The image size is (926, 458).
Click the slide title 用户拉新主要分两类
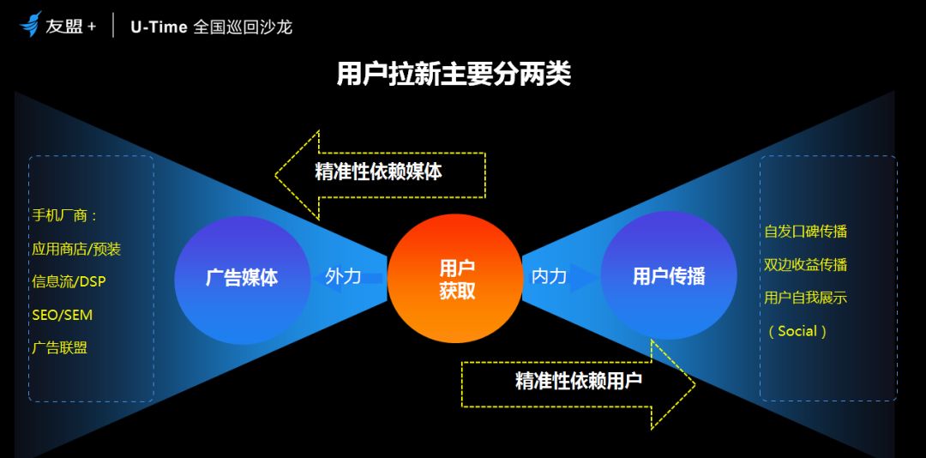click(454, 75)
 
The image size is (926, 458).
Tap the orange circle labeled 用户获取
click(454, 279)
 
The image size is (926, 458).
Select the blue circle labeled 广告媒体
click(242, 279)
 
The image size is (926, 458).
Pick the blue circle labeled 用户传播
click(669, 275)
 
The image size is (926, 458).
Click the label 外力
click(343, 276)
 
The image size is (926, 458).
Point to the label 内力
click(550, 276)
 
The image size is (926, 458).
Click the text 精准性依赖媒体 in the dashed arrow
click(379, 172)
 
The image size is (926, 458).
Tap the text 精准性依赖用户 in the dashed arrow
click(579, 381)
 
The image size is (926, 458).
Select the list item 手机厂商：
click(65, 215)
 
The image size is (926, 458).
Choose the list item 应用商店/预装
click(77, 249)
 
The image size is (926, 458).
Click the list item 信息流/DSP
click(69, 282)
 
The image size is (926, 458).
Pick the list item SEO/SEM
click(63, 315)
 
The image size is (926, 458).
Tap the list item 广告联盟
click(60, 348)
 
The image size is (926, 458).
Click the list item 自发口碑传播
click(805, 231)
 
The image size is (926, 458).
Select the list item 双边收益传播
click(805, 265)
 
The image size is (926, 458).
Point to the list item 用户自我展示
click(805, 298)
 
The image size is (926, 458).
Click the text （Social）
click(797, 331)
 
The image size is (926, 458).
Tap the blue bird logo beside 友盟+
click(31, 24)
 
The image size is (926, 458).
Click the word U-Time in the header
click(159, 27)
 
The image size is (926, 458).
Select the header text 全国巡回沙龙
click(243, 27)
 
